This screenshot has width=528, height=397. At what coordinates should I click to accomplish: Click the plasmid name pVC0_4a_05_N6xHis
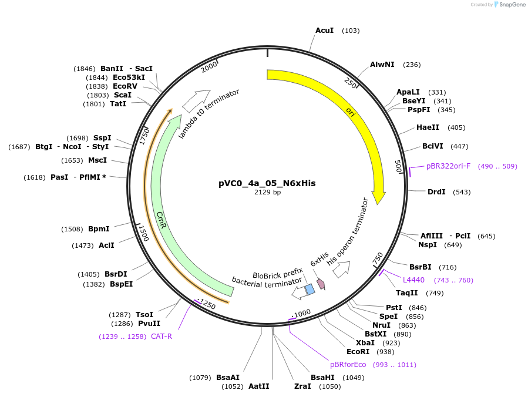pos(267,183)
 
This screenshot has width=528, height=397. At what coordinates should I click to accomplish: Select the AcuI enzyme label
pos(324,30)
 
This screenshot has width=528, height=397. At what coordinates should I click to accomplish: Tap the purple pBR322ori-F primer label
pos(448,166)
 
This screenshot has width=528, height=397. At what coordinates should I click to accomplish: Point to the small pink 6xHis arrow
pos(321,284)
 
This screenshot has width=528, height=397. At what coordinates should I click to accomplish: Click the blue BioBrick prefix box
pos(310,289)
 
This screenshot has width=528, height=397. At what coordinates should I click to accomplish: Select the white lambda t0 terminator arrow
pos(196,100)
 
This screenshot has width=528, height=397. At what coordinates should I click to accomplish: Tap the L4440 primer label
pos(413,280)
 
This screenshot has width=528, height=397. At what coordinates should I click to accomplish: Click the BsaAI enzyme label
pos(228,378)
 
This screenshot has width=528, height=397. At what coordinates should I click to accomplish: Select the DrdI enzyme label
pos(436,192)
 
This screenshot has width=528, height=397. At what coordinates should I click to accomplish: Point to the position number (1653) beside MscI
pos(72,160)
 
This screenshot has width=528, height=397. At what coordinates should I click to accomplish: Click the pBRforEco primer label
pos(348,365)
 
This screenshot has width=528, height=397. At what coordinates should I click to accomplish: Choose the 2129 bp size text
pos(267,192)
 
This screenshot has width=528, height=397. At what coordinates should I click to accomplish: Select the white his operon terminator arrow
pos(341,268)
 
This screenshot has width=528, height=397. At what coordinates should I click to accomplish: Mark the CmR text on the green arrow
pos(161,220)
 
